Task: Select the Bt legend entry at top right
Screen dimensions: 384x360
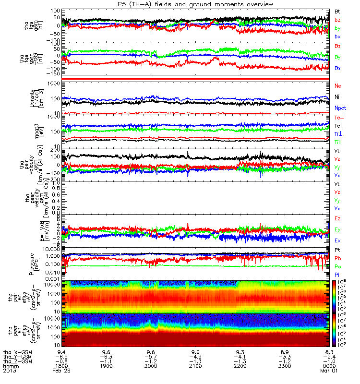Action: pyautogui.click(x=337, y=11)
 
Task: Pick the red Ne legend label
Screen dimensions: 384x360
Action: pyautogui.click(x=337, y=85)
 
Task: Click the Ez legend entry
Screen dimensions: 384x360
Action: pyautogui.click(x=337, y=218)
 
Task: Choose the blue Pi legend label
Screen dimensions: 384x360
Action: pyautogui.click(x=337, y=275)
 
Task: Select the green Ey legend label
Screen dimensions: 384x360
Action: pyautogui.click(x=337, y=229)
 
